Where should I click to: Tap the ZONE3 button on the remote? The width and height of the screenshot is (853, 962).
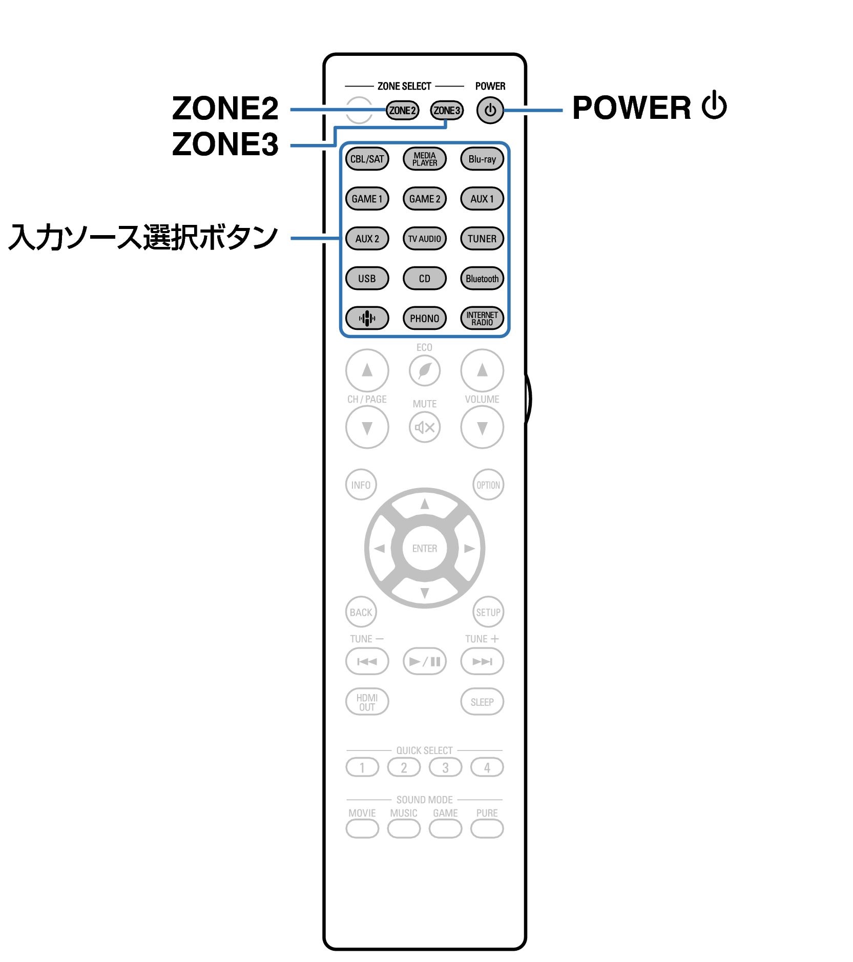(447, 110)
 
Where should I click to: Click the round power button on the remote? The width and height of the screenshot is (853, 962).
(490, 110)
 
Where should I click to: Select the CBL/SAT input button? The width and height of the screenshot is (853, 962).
(367, 159)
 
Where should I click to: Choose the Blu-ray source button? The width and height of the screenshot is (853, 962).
(482, 159)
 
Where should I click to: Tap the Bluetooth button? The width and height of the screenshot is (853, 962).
(482, 279)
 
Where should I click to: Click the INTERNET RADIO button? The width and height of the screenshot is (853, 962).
(482, 318)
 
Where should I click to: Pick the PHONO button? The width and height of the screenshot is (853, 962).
(425, 318)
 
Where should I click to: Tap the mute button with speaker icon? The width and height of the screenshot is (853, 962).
(425, 427)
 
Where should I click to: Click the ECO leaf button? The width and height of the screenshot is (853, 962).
(425, 370)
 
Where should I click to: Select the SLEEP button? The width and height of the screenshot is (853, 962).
(482, 702)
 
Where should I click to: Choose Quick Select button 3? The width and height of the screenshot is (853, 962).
(445, 767)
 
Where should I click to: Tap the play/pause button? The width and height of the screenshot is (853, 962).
(425, 661)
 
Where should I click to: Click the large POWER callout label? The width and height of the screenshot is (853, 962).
(649, 108)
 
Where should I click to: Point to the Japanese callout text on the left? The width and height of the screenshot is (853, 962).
(143, 238)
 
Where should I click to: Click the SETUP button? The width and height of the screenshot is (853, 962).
(488, 612)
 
